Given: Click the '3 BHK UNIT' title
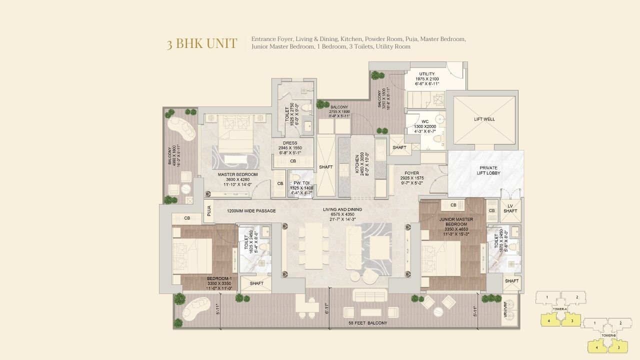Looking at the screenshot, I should coord(202,43).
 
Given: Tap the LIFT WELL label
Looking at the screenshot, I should coord(484,119).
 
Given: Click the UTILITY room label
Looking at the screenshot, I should coord(427,74).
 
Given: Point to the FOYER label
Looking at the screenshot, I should coord(412,173).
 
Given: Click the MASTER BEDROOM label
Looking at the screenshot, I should coord(237,174).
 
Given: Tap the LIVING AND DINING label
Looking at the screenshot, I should coord(342,209).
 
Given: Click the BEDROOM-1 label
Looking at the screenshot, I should coord(219,278).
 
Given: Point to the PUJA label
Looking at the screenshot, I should coord(208,211).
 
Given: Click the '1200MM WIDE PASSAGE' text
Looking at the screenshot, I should coord(251,211).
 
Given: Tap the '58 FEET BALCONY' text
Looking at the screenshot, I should coord(368,323).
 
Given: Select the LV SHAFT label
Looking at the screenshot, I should coord(510,208).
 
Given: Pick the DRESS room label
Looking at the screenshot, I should coord(290,143).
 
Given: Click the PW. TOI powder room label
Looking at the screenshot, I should coord(301,183).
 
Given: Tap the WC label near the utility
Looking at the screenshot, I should coord(425,121).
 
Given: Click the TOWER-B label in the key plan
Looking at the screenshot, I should coord(608,335).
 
